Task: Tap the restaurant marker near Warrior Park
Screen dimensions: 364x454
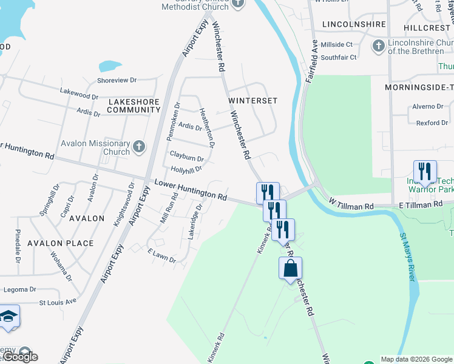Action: tap(424, 171)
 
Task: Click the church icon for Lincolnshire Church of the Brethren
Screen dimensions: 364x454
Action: tap(378, 46)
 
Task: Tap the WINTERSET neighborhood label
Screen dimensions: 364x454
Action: tap(252, 100)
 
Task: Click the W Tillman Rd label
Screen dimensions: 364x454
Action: tap(352, 207)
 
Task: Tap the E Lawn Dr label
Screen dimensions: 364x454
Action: tap(161, 255)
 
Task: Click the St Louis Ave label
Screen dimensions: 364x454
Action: tap(58, 301)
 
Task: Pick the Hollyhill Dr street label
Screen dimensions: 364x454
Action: tap(186, 169)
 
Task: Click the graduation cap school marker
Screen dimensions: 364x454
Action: tap(8, 317)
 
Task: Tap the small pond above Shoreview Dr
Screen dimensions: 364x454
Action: tap(109, 66)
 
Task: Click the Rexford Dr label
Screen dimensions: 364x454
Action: tap(432, 123)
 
